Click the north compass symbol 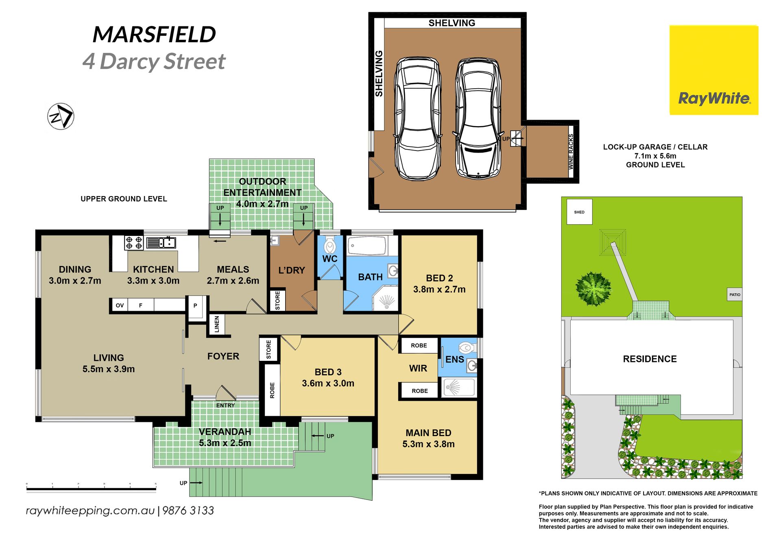61,116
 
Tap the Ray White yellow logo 714,70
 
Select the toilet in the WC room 330,245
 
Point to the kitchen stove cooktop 134,243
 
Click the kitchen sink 161,242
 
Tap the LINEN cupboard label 217,324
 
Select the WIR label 418,368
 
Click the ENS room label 455,359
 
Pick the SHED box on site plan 579,212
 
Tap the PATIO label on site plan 735,295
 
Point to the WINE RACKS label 571,152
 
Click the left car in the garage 418,119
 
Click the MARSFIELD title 154,34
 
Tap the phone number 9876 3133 188,511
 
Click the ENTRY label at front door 225,406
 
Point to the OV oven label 120,305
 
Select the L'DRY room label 292,270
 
